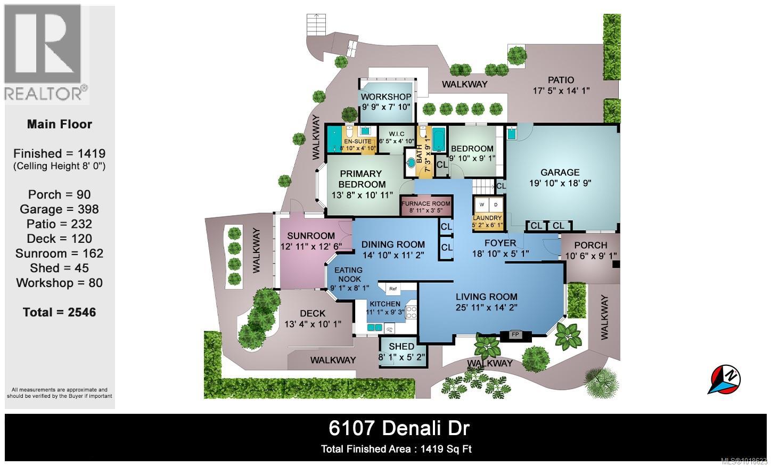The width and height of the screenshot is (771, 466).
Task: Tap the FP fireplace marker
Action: point(515,335)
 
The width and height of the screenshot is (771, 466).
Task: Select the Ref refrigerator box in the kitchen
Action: point(393,289)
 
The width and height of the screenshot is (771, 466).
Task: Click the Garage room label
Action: point(560,173)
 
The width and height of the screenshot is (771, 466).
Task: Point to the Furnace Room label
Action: point(425,203)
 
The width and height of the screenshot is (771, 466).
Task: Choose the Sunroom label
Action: point(311,236)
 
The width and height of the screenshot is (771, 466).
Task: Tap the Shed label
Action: point(401,346)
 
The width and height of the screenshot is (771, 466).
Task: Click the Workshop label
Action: point(386,97)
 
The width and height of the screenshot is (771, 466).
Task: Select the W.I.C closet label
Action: point(397,134)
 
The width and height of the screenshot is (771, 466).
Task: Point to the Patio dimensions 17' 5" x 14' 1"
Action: point(561,91)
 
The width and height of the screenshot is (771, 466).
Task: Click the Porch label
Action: point(590,245)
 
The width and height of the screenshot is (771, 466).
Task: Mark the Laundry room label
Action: point(487,218)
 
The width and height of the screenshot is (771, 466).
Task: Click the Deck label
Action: point(313,314)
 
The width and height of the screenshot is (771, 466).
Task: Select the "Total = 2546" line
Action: point(60,312)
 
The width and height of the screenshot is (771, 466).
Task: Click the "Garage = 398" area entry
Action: point(60,209)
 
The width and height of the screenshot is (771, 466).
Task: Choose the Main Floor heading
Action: point(60,124)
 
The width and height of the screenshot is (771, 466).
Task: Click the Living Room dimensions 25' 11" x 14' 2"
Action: point(486,307)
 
